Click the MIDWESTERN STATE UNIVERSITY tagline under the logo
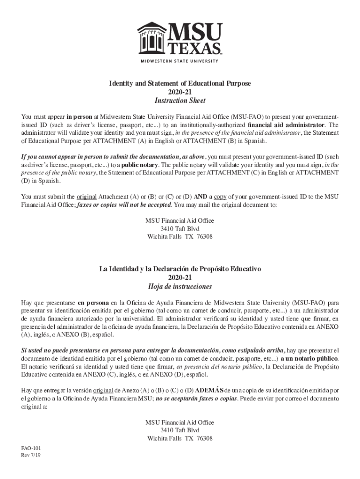pos(180,61)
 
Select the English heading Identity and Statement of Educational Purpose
pos(180,83)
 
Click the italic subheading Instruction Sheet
pos(180,101)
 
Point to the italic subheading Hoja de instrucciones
pos(180,286)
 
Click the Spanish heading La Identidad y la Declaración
pos(180,269)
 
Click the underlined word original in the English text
pos(86,196)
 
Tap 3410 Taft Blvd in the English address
pos(180,228)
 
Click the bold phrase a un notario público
pos(309,358)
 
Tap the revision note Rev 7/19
pos(31,455)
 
